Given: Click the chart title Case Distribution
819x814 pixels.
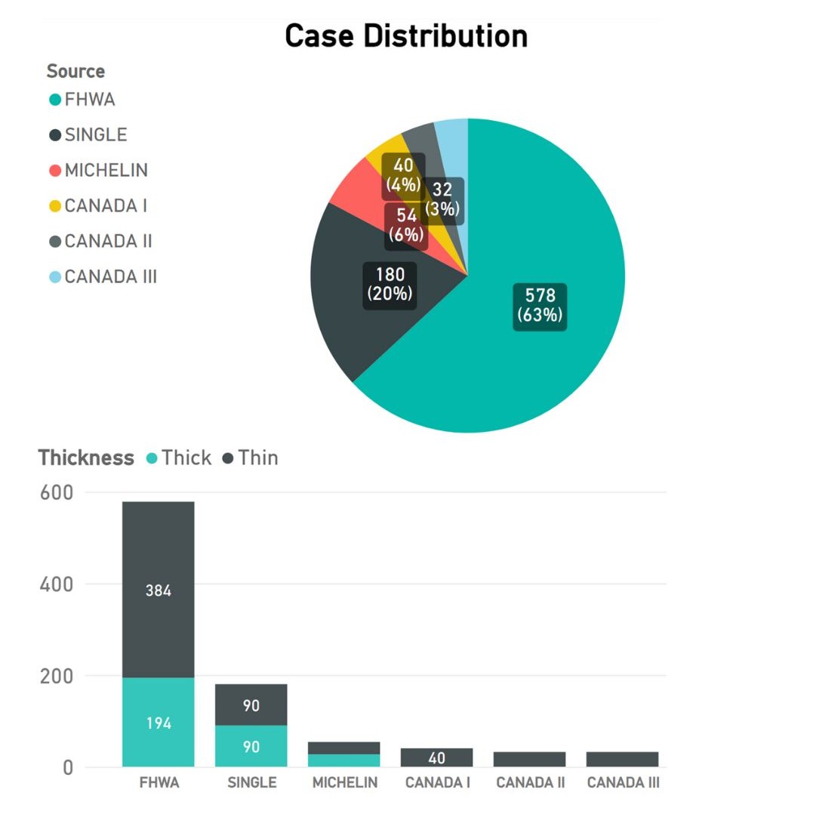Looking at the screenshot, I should (x=405, y=35).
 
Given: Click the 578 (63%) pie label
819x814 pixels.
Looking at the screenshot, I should (x=540, y=305).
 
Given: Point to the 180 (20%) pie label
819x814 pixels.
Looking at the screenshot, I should (x=389, y=284).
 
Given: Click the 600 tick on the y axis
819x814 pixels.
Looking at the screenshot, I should (x=57, y=492).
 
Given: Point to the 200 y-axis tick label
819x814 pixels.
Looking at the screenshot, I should (x=57, y=676).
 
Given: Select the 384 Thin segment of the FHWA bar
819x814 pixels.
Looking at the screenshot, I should (x=158, y=590).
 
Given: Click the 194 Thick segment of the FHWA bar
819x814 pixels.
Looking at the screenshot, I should (x=158, y=723).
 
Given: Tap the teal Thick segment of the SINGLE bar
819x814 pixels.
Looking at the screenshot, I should (x=251, y=746).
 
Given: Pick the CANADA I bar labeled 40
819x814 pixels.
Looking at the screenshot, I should (x=437, y=757).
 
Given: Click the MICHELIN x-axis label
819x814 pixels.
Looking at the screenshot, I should (x=345, y=782).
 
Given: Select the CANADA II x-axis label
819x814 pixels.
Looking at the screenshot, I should (x=530, y=782).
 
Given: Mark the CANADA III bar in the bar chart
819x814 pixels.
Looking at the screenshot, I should (x=623, y=759).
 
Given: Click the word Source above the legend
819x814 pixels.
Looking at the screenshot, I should (x=75, y=71).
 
